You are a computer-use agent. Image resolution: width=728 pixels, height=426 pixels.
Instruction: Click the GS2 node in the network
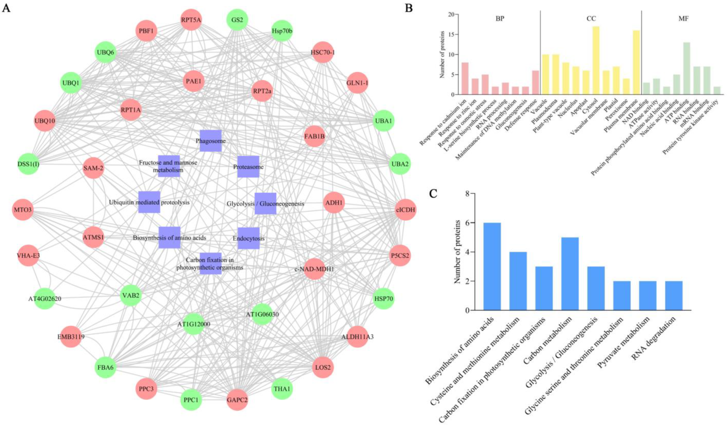[x=237, y=20]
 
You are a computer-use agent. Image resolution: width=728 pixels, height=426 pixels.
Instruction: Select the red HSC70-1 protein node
[x=323, y=52]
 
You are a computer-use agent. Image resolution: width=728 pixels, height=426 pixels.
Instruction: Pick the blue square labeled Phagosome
[x=211, y=141]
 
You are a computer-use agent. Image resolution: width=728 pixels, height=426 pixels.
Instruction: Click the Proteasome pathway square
[x=248, y=167]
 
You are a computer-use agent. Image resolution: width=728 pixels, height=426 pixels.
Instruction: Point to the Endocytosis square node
[x=248, y=238]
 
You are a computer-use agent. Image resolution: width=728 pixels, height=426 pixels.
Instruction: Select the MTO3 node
[x=23, y=209]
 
